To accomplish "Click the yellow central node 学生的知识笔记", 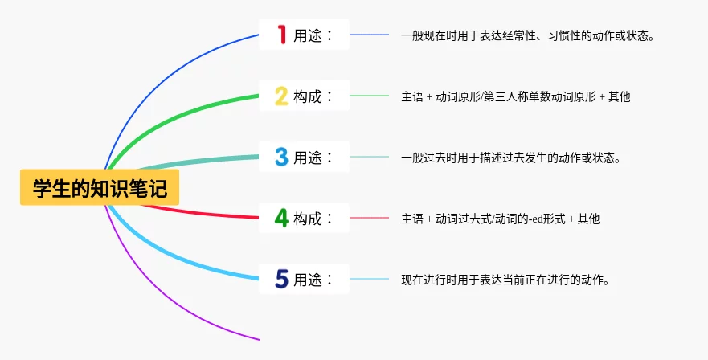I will (x=100, y=189).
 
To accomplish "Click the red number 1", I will (x=281, y=35).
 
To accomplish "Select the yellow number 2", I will (x=281, y=96).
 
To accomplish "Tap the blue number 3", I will (x=281, y=157).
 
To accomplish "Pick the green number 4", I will (x=281, y=218).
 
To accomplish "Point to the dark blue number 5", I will (x=281, y=279).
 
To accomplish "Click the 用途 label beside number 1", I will (x=312, y=35).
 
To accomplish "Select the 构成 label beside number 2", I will (x=312, y=96).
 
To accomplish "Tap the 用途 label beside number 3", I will (x=312, y=157).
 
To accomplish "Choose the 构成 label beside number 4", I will (x=312, y=219).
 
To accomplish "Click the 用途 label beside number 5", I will (x=312, y=280).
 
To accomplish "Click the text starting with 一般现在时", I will (x=527, y=35).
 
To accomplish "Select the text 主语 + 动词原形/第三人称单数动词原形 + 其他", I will (x=515, y=96).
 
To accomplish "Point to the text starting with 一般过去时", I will (x=510, y=157).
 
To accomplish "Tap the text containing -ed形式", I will (x=500, y=219).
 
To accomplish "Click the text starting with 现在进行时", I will (x=504, y=280).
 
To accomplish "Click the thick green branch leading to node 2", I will (x=185, y=110).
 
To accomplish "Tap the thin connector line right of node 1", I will (x=369, y=35).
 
